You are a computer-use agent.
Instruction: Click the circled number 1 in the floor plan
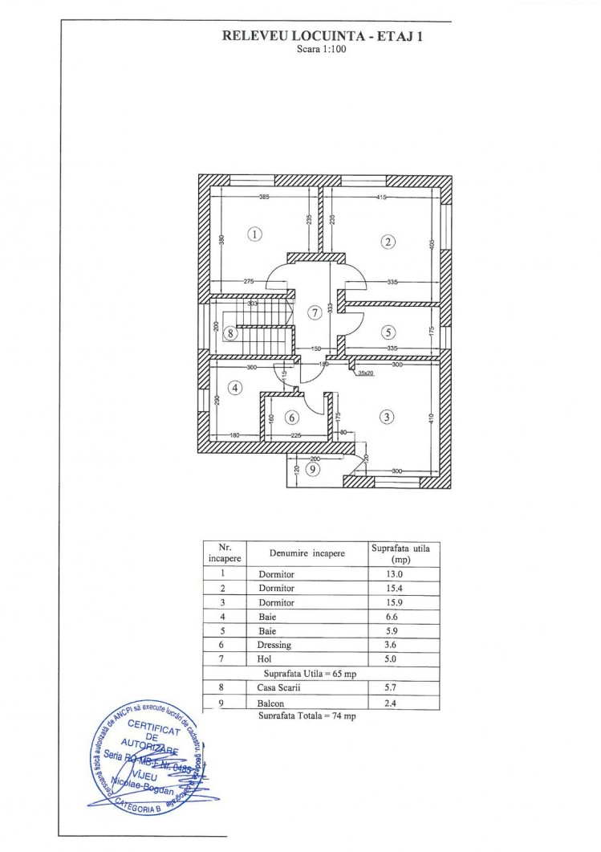254,234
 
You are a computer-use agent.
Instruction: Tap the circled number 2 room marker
388,242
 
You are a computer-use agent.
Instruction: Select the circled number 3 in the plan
388,417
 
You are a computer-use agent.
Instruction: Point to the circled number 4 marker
235,388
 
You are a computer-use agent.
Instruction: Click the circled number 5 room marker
388,331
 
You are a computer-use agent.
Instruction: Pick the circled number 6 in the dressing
291,417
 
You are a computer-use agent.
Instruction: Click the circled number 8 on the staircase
230,333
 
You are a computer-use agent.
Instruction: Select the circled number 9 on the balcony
314,469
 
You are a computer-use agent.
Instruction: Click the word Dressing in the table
274,645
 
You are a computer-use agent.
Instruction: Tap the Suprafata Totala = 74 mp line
307,715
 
